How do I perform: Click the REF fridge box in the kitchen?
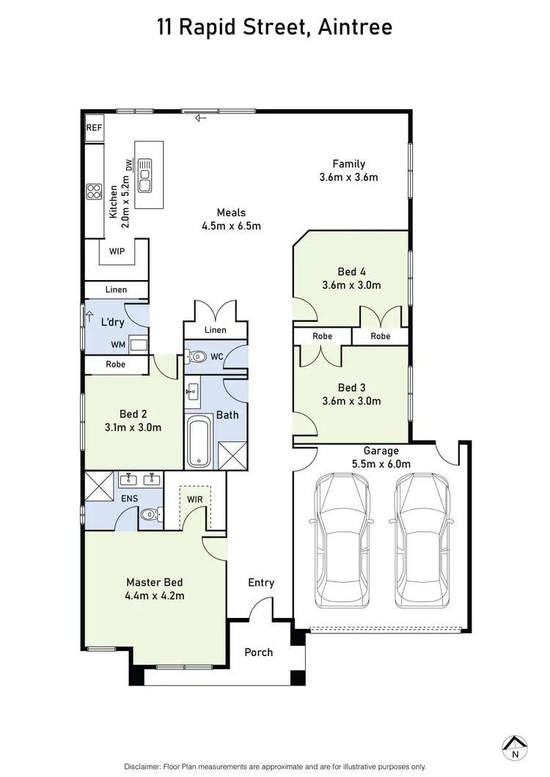[x=94, y=128]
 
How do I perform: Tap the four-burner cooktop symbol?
[x=95, y=192]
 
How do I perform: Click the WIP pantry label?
[x=117, y=251]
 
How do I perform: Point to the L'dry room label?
[x=112, y=322]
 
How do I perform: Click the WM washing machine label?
[x=117, y=344]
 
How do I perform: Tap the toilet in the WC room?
[x=198, y=358]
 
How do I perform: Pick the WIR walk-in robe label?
[x=195, y=499]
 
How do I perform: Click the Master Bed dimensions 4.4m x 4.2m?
[x=155, y=595]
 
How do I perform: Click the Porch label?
[x=258, y=652]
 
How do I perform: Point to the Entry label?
[x=261, y=583]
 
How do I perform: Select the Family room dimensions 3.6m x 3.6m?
[x=348, y=177]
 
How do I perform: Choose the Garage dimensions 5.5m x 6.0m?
[x=381, y=464]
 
